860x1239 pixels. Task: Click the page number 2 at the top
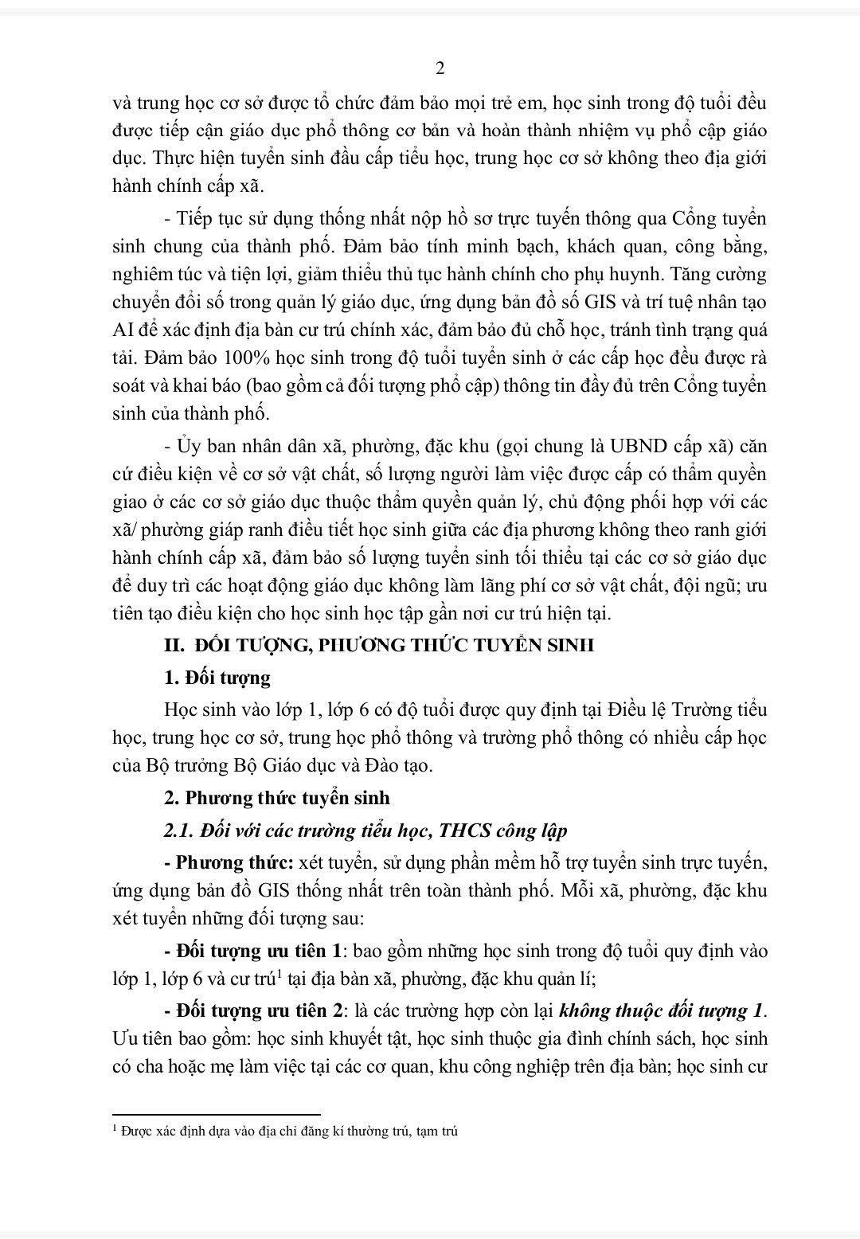[x=440, y=69]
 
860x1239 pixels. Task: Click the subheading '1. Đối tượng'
[x=217, y=678]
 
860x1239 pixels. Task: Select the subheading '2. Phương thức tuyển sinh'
[x=276, y=797]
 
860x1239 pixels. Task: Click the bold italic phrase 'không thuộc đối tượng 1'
[x=662, y=1010]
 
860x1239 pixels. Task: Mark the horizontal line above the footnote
[x=217, y=1115]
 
